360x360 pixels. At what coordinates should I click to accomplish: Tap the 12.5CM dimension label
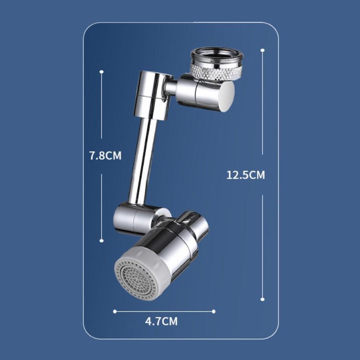tap(246, 175)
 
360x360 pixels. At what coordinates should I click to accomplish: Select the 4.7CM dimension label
tap(161, 321)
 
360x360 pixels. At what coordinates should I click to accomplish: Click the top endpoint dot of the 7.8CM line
tap(102, 72)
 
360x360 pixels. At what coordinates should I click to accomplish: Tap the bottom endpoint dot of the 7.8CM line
tap(102, 241)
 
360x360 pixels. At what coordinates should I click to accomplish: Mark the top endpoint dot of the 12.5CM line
tap(263, 50)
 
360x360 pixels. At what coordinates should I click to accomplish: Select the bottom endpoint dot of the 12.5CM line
tap(262, 299)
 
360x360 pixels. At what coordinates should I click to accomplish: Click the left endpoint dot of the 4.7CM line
tap(115, 312)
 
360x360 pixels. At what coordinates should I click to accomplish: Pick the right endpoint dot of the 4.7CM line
tap(213, 312)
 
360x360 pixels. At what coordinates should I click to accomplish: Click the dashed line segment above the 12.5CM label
tap(263, 105)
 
